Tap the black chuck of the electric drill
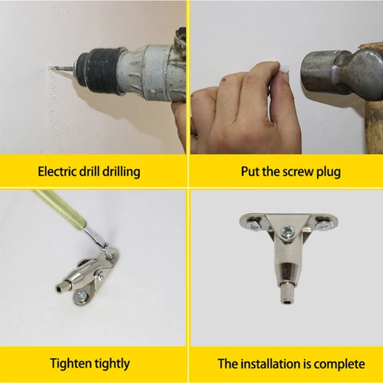click(101, 64)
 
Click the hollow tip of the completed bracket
click(286, 301)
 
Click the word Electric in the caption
click(56, 171)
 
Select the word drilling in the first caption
click(119, 171)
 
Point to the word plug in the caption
click(325, 171)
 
